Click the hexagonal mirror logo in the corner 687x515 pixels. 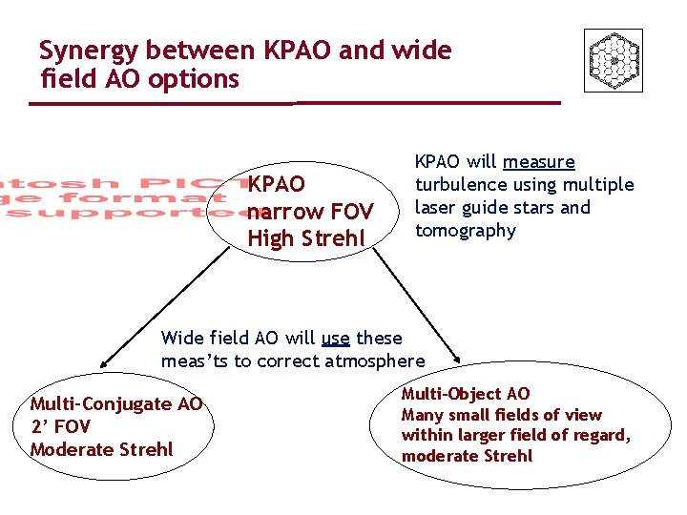point(613,60)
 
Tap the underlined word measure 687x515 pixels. point(539,162)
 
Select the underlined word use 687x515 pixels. point(335,338)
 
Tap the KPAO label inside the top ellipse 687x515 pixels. point(277,183)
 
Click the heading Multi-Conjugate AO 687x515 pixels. point(116,403)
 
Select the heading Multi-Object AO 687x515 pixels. point(466,394)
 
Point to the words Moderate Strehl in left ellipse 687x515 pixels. point(102,448)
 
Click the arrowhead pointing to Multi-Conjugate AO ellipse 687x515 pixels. point(104,363)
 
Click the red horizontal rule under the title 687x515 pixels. point(296,102)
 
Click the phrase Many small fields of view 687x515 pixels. point(501,415)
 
